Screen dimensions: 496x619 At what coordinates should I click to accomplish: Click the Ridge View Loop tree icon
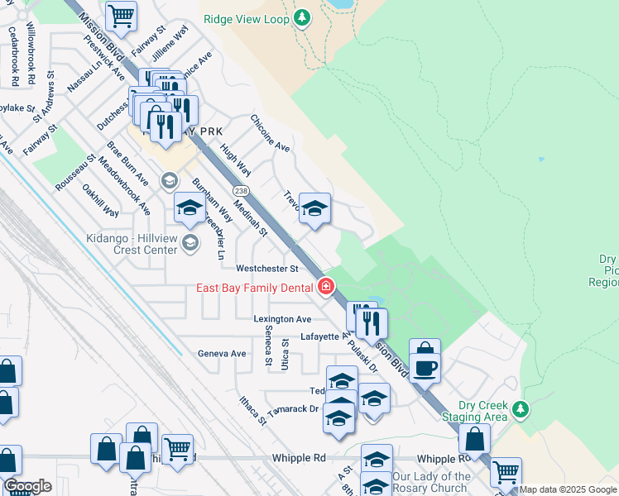click(x=303, y=17)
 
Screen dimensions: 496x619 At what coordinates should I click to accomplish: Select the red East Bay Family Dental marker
click(x=326, y=287)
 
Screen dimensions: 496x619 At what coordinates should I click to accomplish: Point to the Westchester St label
click(x=266, y=269)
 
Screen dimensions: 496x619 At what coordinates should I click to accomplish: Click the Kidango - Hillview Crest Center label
click(x=132, y=241)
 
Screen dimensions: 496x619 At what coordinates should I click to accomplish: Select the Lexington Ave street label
click(x=283, y=318)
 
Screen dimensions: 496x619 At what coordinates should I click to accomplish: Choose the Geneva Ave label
click(x=222, y=353)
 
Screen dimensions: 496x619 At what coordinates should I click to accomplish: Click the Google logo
click(x=27, y=486)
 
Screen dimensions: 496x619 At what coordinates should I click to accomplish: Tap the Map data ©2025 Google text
click(x=568, y=490)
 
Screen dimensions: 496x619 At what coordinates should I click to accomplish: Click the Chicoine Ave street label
click(x=270, y=133)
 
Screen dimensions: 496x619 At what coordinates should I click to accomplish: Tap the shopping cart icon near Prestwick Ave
click(x=122, y=16)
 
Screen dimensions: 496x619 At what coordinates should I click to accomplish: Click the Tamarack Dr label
click(x=292, y=409)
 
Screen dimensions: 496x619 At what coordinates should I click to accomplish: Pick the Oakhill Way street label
click(x=98, y=200)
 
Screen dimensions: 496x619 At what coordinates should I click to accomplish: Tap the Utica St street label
click(x=284, y=354)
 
